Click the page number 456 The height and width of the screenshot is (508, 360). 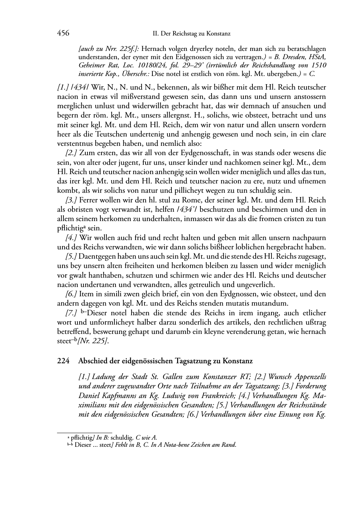tap(63, 33)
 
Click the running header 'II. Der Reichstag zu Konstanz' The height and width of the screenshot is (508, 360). tap(191, 34)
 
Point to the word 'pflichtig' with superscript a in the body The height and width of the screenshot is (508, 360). tap(70, 228)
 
